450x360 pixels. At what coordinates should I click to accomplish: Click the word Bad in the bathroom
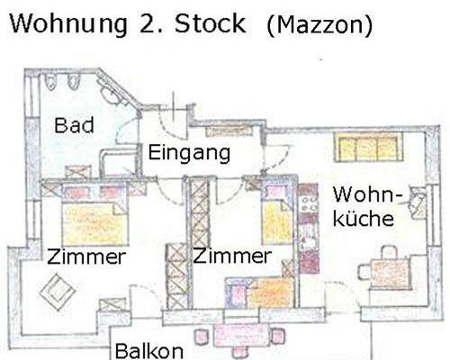click(x=74, y=125)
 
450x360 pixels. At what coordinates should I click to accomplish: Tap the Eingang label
click(x=189, y=153)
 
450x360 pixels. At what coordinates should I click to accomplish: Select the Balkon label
click(x=149, y=351)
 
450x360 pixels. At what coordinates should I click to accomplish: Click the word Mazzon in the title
click(x=319, y=25)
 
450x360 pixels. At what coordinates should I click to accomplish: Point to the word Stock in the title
click(x=210, y=23)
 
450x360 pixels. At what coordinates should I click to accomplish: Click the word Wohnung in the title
click(x=68, y=25)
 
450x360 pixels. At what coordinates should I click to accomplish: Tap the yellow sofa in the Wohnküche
click(x=368, y=148)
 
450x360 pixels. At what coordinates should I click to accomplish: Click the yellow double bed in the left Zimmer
click(x=95, y=223)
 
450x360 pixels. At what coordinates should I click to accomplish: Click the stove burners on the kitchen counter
click(x=309, y=204)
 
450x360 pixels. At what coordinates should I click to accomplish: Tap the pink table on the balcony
click(x=241, y=335)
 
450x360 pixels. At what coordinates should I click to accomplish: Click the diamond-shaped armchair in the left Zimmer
click(x=58, y=292)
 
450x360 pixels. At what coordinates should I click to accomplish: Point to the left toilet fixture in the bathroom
click(x=50, y=82)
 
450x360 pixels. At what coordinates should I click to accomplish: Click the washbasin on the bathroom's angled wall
click(x=110, y=94)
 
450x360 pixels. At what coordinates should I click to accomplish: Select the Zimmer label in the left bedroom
click(x=86, y=257)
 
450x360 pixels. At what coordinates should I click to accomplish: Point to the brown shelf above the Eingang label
click(x=229, y=131)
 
